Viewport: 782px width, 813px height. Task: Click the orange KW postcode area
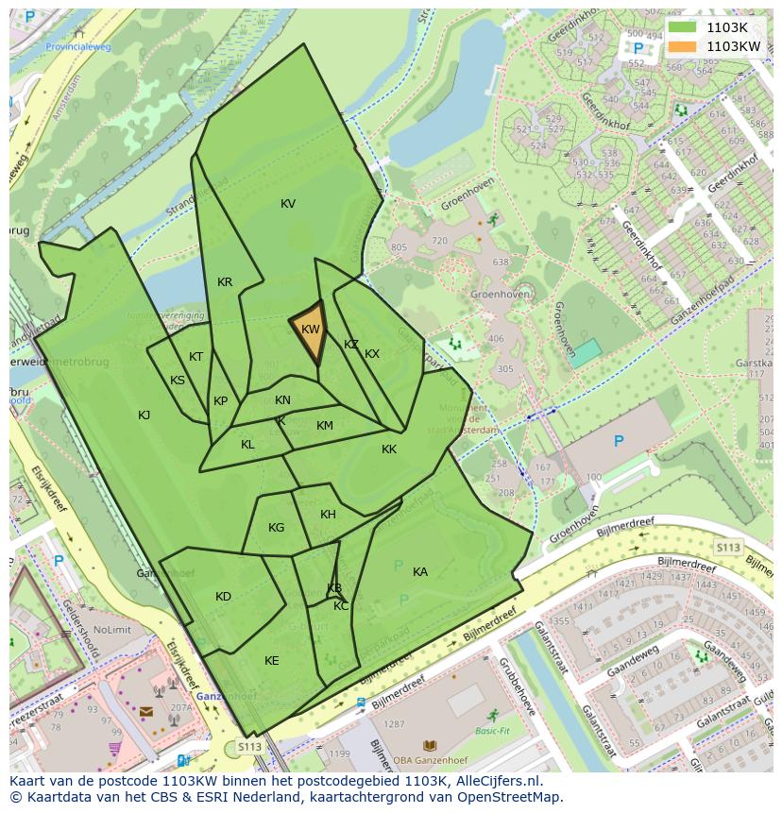[310, 330]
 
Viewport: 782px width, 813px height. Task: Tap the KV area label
[288, 204]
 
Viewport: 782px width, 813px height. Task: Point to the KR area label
[225, 282]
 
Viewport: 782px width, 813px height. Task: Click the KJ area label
[144, 415]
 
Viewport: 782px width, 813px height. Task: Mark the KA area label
[420, 572]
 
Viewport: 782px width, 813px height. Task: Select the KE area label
[272, 661]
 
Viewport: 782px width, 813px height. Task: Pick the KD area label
[223, 597]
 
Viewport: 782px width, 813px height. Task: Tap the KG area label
[276, 528]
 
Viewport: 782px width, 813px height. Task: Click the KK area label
[389, 449]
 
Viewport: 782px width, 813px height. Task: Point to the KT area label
[195, 357]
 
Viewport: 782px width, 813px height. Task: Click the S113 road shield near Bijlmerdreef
[727, 547]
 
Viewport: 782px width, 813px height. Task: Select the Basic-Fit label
[492, 731]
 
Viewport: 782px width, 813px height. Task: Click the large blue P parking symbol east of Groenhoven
[619, 441]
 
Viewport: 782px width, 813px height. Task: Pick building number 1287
[394, 724]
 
